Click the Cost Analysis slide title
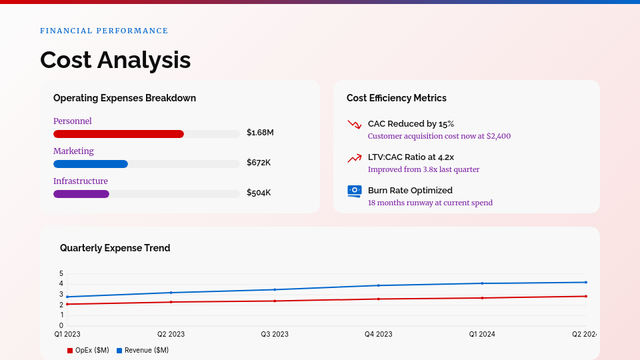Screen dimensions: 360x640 click(x=115, y=60)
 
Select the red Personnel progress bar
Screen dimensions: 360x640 click(x=119, y=134)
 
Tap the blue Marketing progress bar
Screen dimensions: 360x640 click(x=91, y=164)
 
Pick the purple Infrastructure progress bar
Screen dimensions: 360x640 click(x=81, y=194)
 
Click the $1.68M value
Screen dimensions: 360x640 click(x=260, y=133)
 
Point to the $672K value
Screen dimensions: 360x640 click(x=259, y=163)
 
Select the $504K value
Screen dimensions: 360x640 click(x=259, y=193)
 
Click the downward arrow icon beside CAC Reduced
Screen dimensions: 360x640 click(x=354, y=124)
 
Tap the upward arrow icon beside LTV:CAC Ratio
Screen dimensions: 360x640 click(x=354, y=157)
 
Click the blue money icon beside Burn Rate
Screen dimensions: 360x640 click(x=354, y=191)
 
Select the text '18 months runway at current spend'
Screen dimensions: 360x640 click(x=430, y=203)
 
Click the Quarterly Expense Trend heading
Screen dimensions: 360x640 click(x=115, y=248)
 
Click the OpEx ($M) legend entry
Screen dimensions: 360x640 click(x=88, y=350)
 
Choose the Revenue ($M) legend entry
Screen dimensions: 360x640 click(x=143, y=350)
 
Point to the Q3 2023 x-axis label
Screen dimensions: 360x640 click(x=275, y=334)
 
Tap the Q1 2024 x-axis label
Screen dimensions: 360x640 click(x=482, y=334)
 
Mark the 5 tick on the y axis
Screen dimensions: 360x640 click(x=61, y=273)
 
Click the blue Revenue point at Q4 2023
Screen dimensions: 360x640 click(x=379, y=285)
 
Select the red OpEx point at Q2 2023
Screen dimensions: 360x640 click(x=171, y=302)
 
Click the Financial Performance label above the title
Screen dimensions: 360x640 click(x=104, y=31)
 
